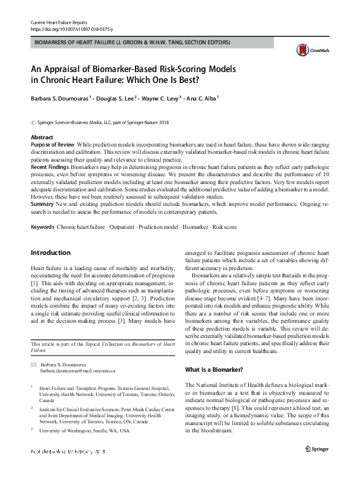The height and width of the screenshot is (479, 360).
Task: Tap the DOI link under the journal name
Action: click(x=71, y=28)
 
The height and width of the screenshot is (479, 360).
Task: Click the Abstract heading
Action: click(x=42, y=138)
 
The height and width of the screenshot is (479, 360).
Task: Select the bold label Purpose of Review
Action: click(x=53, y=145)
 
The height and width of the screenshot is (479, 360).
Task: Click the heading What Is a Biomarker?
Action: click(x=214, y=369)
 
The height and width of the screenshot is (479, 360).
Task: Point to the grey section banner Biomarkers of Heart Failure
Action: click(x=131, y=43)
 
